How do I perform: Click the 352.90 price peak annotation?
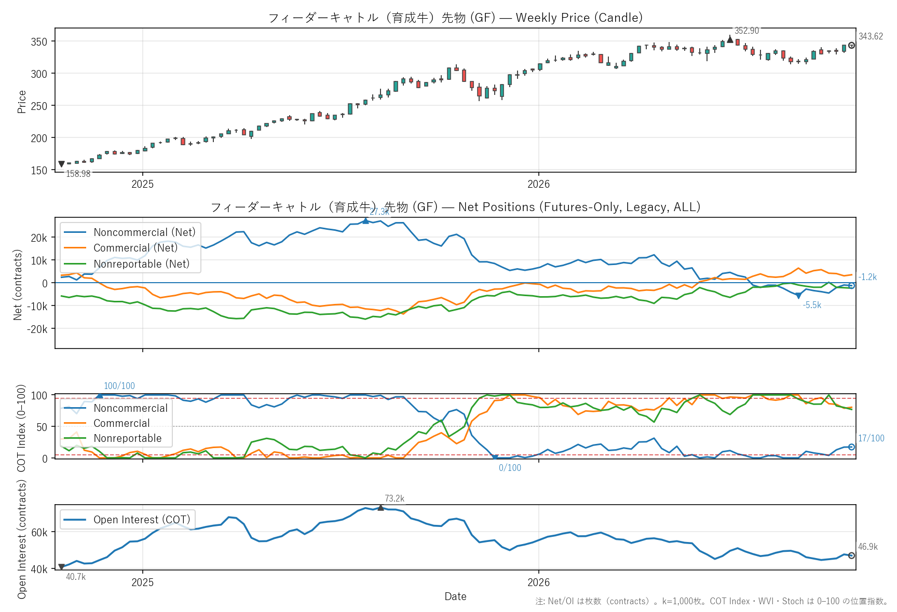[x=746, y=31]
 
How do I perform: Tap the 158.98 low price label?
[x=78, y=174]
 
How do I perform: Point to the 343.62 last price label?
[x=871, y=36]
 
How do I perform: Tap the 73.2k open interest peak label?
[x=395, y=498]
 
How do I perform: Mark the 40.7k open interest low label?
[x=76, y=577]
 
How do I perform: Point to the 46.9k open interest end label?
[x=868, y=547]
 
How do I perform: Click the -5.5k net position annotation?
[x=812, y=305]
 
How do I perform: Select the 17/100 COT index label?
[x=871, y=438]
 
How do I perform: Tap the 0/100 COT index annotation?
[x=510, y=468]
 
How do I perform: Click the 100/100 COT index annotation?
[x=119, y=386]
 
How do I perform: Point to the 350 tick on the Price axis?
[x=39, y=41]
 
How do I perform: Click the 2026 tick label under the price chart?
[x=538, y=184]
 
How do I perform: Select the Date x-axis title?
[x=455, y=596]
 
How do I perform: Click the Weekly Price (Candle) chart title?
[x=579, y=18]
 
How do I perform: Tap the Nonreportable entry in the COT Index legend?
[x=128, y=438]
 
